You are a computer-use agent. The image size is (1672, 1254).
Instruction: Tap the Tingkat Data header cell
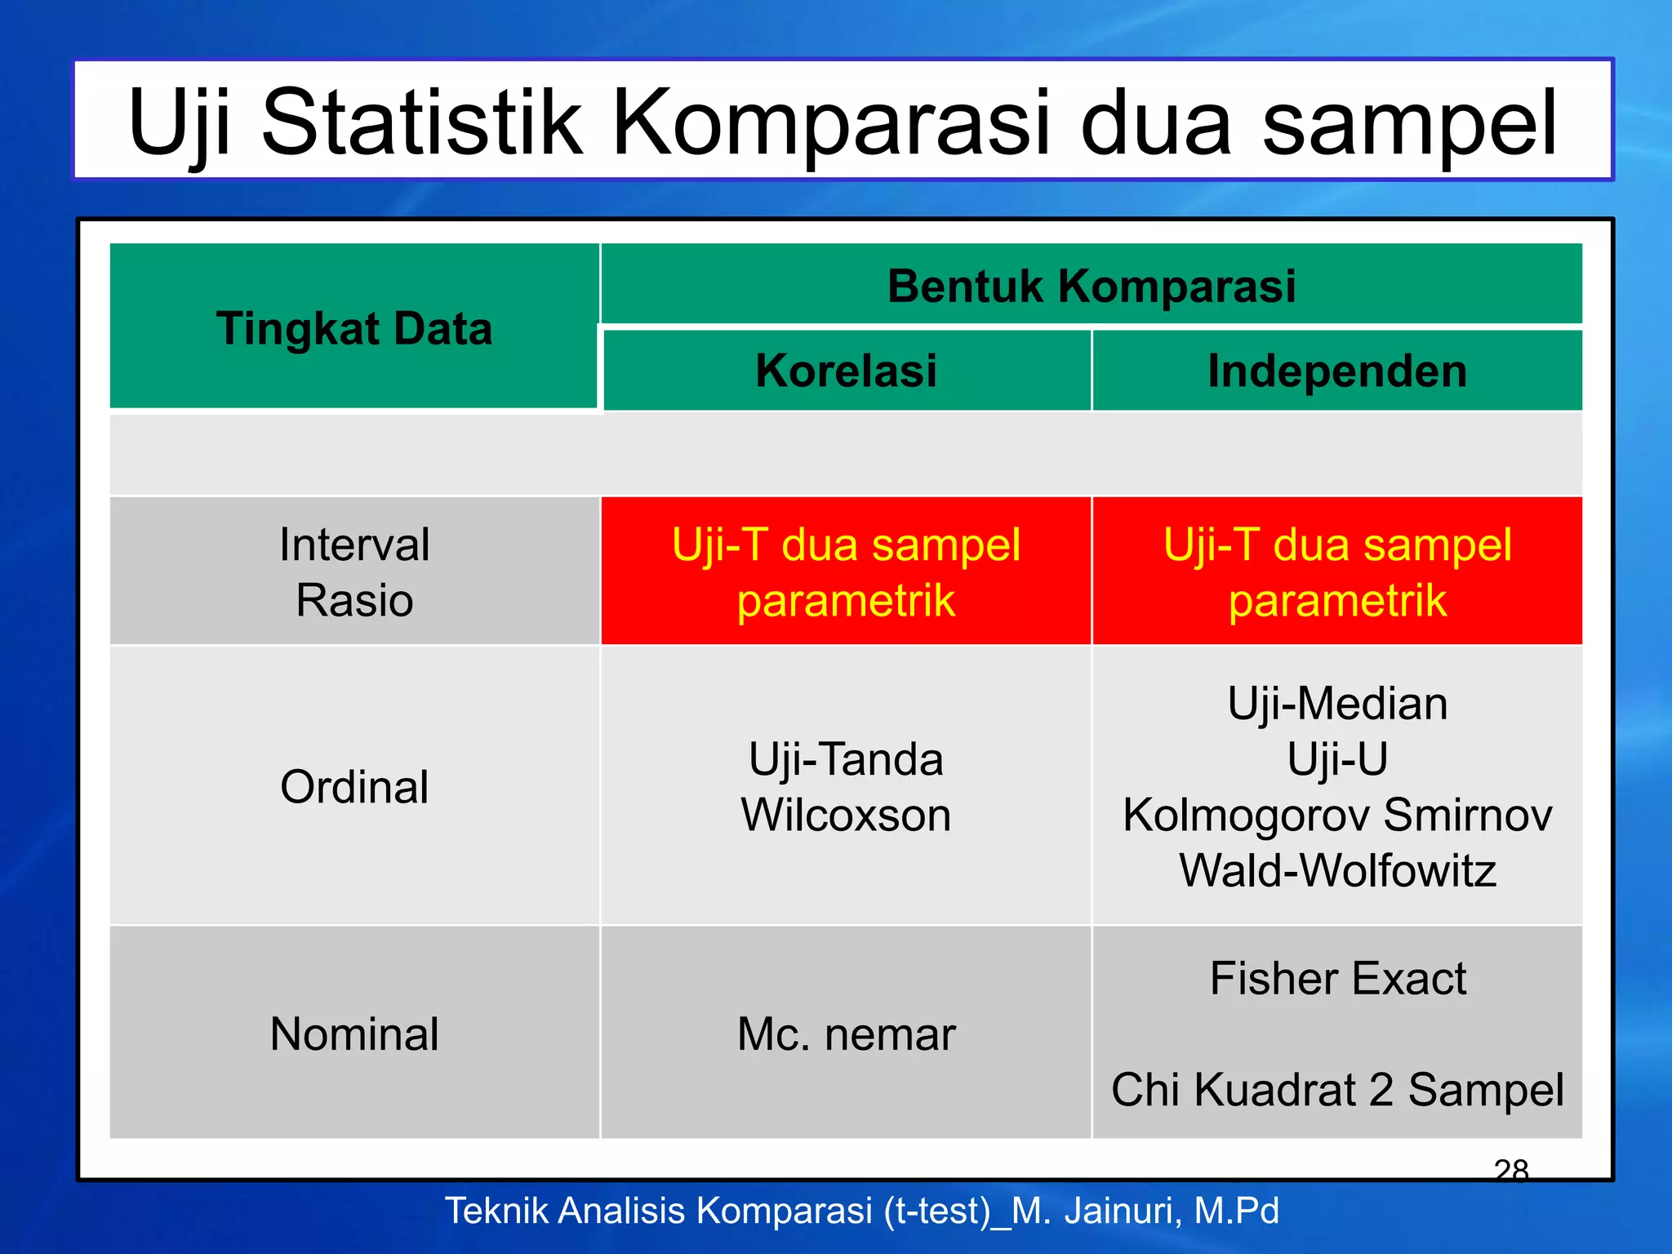tap(354, 328)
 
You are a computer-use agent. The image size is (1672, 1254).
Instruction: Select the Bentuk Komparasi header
tap(1092, 287)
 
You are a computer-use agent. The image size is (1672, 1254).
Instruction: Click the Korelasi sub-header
tap(846, 371)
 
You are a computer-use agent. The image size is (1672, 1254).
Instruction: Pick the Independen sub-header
tap(1337, 371)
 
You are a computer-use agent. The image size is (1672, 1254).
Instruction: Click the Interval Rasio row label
tap(354, 571)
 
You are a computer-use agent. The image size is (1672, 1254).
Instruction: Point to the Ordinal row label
tap(354, 787)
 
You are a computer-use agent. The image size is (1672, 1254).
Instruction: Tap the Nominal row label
tap(354, 1034)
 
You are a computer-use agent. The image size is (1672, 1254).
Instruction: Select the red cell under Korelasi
tap(846, 571)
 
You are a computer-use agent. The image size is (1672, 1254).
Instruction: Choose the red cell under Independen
tap(1337, 571)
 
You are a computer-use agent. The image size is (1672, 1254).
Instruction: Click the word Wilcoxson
tap(846, 815)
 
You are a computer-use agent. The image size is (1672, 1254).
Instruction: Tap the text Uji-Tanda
tap(846, 759)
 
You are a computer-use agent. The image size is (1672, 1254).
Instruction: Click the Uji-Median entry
tap(1337, 703)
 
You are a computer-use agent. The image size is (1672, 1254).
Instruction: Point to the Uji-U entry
tap(1337, 758)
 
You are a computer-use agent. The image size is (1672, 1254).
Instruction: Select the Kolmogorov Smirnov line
tap(1337, 815)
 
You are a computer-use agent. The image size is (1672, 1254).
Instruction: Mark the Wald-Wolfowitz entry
tap(1337, 870)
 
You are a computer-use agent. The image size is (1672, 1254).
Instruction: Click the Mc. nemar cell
tap(846, 1034)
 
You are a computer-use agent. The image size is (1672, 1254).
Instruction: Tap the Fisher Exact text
tap(1337, 978)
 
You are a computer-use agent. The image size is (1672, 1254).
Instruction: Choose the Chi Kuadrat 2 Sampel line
tap(1337, 1090)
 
